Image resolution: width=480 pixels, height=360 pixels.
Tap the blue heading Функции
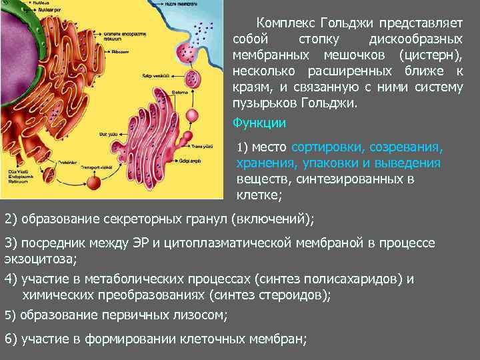coord(259,123)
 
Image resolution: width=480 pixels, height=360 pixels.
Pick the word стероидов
coord(297,295)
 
